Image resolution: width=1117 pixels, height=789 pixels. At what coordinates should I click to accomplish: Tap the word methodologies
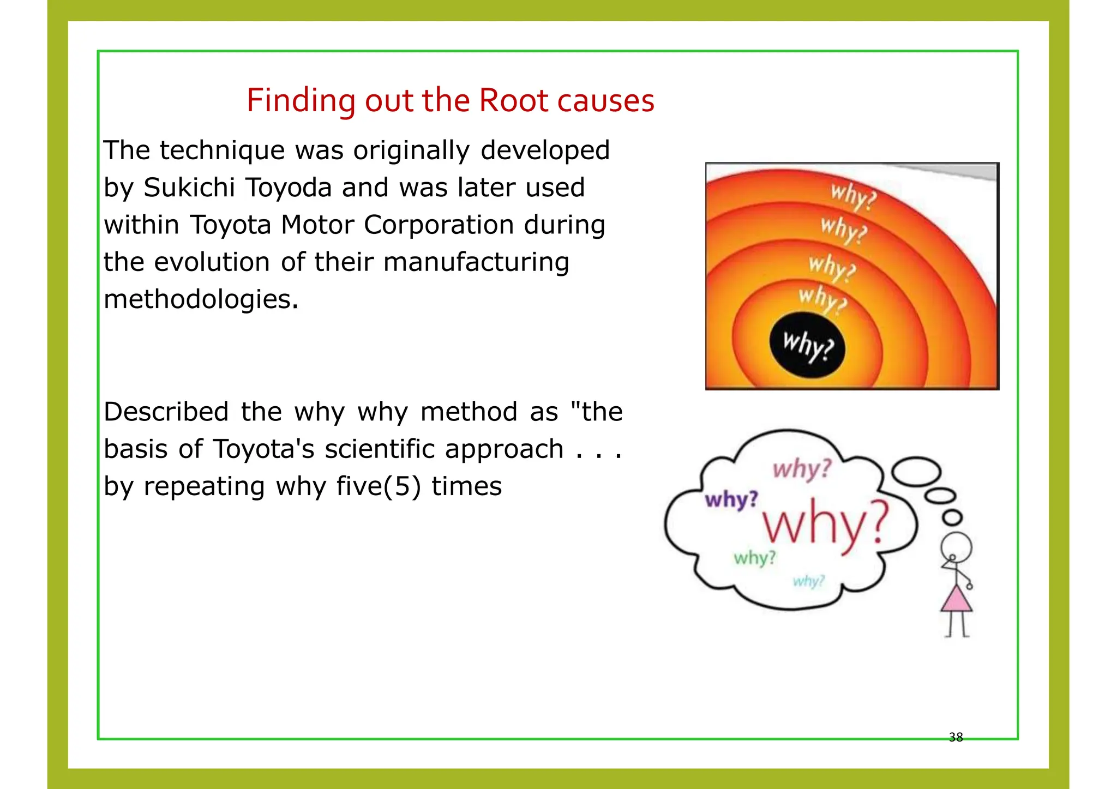pos(201,299)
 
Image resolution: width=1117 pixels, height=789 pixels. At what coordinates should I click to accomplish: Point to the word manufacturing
pos(476,262)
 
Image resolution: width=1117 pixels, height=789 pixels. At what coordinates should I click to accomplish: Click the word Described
pos(166,412)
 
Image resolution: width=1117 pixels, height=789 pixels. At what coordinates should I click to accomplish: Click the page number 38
pos(956,737)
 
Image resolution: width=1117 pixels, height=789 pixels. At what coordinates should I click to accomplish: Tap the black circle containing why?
pos(807,346)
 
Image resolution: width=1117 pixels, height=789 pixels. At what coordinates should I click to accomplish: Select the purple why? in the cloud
pos(731,499)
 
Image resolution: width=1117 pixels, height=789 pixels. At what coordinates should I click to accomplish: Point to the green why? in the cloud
pos(754,558)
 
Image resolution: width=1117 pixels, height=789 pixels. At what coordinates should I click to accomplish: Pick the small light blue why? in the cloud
pos(808,581)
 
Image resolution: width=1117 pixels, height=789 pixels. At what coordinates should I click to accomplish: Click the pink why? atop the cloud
pos(802,469)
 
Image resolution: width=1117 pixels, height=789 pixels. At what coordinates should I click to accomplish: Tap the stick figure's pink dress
pos(956,600)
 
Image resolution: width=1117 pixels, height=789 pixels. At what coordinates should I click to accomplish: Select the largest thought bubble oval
pos(916,472)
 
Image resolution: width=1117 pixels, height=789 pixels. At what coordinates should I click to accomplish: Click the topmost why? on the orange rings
pos(852,196)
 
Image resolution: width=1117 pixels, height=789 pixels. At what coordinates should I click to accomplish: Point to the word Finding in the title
pos(301,101)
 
